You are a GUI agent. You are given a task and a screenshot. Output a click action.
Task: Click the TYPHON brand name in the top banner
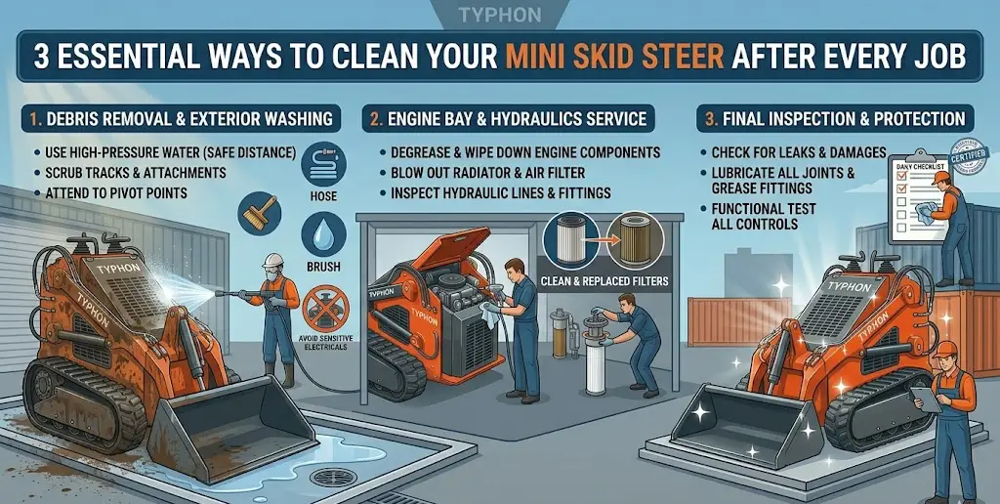(499, 16)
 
